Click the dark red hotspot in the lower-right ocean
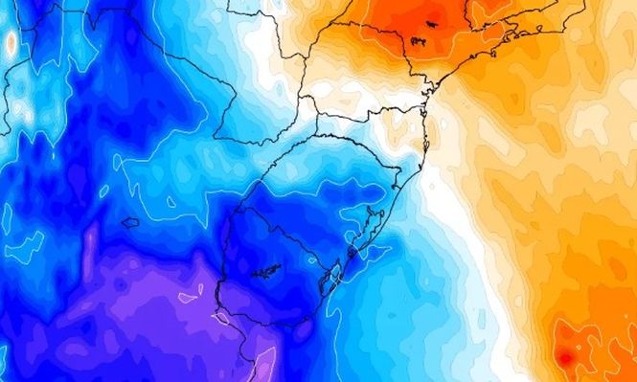(565, 358)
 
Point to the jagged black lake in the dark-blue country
(266, 272)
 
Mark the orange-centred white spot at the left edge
(11, 43)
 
